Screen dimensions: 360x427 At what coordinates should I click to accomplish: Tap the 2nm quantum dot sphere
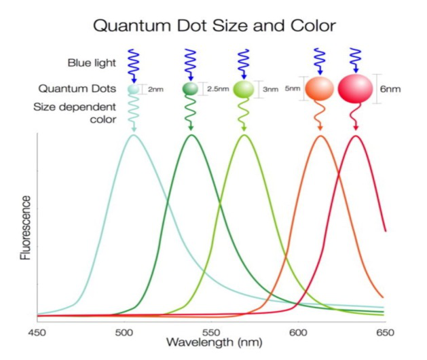134,89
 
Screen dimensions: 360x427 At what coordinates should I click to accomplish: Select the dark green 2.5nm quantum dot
191,88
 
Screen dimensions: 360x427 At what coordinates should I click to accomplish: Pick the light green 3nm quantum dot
243,89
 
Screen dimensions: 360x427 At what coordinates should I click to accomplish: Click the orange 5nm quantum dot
319,88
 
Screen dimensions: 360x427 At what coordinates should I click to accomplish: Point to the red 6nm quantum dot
355,88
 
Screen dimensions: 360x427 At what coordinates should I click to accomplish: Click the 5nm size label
292,88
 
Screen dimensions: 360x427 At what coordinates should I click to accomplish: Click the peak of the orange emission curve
321,136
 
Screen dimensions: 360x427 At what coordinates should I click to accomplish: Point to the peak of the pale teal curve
134,134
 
